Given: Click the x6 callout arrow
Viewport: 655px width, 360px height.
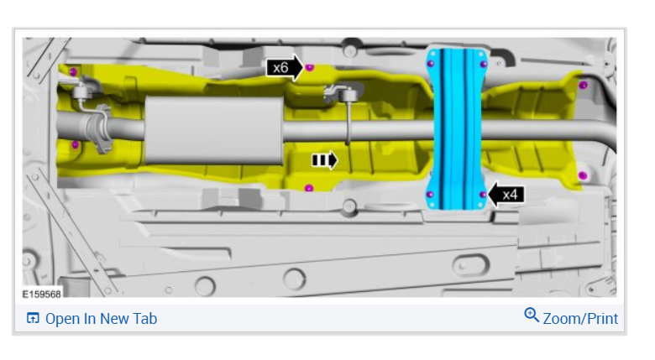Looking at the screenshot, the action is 285,67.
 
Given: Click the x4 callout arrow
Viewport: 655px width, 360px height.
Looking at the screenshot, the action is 506,194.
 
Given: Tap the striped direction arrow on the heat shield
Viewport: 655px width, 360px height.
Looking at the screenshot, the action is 325,160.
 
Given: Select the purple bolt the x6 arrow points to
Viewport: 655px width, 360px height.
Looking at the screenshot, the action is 309,67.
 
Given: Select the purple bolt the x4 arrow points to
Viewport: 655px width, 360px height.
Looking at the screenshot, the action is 483,195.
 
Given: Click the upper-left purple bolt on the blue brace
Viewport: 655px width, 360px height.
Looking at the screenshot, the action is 431,64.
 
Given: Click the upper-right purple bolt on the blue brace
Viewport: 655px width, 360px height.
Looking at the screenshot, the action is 484,64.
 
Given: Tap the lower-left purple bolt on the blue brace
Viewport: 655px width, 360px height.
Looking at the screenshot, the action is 430,195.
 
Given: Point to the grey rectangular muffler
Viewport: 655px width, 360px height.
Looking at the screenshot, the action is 214,130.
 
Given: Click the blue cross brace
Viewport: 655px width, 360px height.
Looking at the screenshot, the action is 457,128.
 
